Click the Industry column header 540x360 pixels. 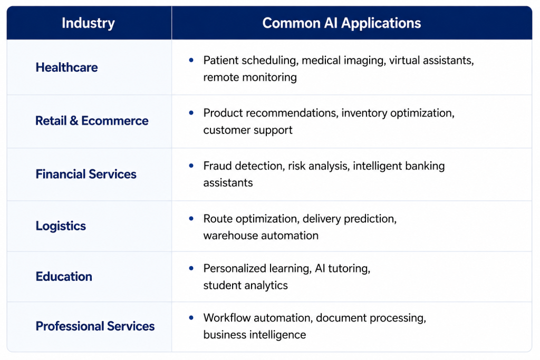coord(88,23)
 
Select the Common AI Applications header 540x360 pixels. coord(342,23)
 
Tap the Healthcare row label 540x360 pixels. coord(67,67)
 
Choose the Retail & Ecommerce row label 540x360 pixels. coord(92,121)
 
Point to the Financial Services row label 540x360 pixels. coord(86,174)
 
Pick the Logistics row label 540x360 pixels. coord(61,226)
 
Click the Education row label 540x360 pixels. coord(64,277)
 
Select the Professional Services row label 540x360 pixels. coord(95,326)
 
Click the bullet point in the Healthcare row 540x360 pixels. coord(191,60)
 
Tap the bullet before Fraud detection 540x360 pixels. coord(191,166)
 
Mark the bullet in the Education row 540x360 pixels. coord(191,268)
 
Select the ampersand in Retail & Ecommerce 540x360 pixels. coord(74,121)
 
